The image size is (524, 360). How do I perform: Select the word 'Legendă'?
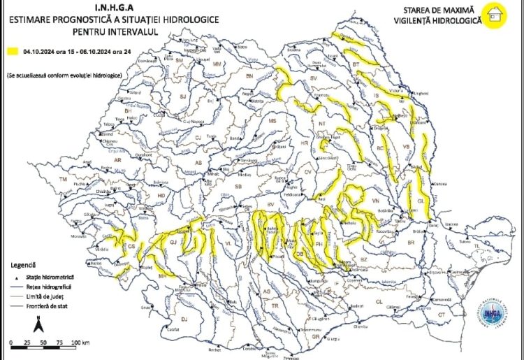pyautogui.click(x=23, y=266)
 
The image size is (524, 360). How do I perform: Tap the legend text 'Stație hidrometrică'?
pyautogui.click(x=57, y=278)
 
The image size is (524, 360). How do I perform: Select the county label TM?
pyautogui.click(x=64, y=180)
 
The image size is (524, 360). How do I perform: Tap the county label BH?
pyautogui.click(x=127, y=110)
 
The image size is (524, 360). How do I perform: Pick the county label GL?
pyautogui.click(x=420, y=201)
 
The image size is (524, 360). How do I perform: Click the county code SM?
pyautogui.click(x=179, y=61)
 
